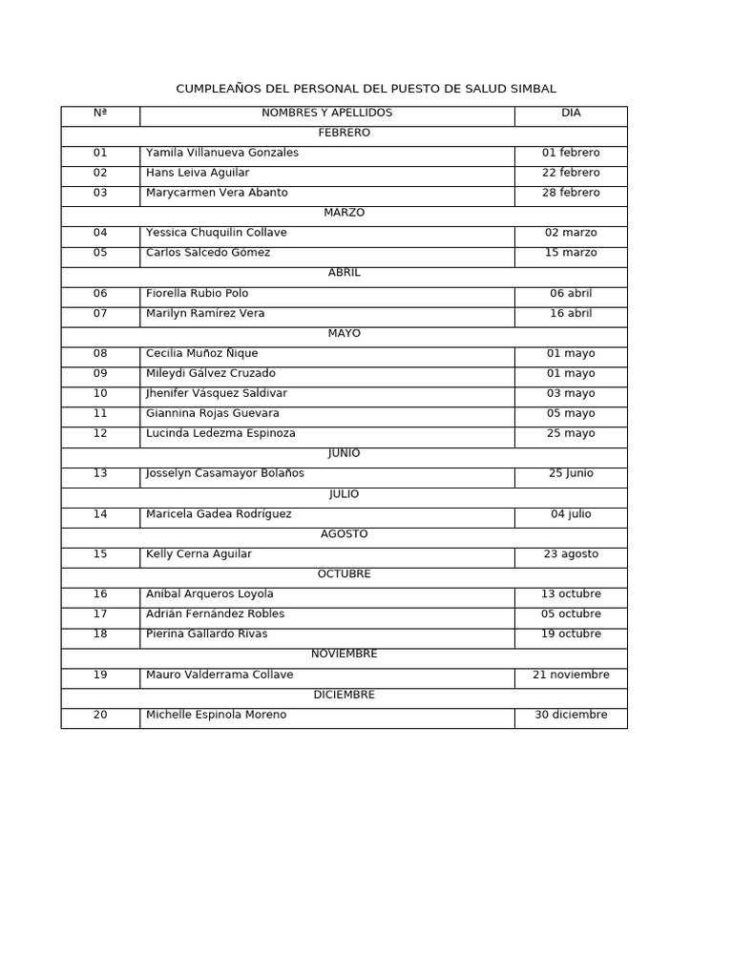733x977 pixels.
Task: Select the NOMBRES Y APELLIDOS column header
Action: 326,113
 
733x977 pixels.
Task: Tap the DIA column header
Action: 571,113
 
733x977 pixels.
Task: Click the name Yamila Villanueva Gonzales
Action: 222,153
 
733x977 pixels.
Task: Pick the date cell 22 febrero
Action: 571,173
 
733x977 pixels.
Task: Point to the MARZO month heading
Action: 344,213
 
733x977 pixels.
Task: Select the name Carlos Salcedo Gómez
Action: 208,253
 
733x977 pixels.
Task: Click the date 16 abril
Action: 571,313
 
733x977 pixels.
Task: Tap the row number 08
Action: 100,353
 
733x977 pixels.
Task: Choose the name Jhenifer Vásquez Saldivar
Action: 217,393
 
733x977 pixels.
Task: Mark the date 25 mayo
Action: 571,433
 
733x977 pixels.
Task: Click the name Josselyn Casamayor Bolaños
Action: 225,473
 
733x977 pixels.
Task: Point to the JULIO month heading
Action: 344,493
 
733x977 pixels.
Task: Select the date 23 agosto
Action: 571,553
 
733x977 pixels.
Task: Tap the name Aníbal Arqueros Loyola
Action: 210,593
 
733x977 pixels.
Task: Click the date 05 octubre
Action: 571,613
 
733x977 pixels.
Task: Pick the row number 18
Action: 100,634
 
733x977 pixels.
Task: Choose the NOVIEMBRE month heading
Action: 344,654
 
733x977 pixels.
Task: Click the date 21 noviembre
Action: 571,675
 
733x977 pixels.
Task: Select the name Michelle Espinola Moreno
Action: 216,715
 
